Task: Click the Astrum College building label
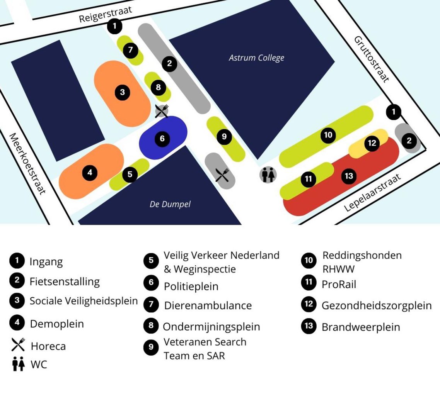[256, 58]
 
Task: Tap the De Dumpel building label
[170, 204]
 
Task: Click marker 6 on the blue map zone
[162, 138]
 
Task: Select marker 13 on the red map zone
[349, 176]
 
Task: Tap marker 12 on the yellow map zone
[372, 143]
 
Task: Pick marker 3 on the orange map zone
[123, 92]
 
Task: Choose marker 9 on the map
[224, 136]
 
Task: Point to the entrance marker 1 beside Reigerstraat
[114, 27]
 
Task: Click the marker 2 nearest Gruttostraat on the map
[409, 141]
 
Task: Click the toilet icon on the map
[268, 175]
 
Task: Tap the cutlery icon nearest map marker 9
[222, 175]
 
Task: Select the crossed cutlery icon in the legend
[18, 345]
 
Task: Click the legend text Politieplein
[191, 286]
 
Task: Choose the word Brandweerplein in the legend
[360, 327]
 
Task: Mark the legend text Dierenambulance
[208, 305]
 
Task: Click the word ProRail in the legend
[339, 285]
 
